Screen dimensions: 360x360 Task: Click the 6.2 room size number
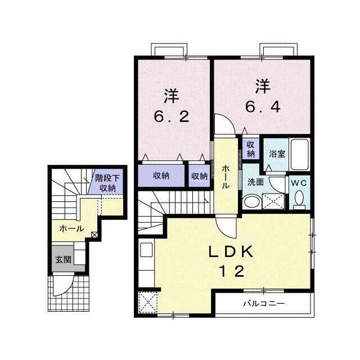point(172,116)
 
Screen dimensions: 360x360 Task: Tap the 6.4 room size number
point(263,107)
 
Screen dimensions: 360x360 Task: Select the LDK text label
point(231,252)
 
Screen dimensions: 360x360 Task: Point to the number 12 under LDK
point(232,271)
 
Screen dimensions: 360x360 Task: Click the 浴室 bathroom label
point(277,154)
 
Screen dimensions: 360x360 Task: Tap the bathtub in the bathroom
point(300,154)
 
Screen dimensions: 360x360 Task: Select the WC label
point(299,183)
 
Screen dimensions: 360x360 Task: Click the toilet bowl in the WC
point(299,198)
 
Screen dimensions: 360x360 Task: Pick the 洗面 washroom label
point(255,182)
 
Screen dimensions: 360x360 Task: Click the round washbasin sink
point(252,202)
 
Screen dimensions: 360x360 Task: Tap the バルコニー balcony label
point(264,304)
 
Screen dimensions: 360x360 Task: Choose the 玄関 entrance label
point(64,259)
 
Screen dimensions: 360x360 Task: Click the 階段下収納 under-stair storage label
point(107,183)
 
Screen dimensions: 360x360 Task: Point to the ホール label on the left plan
point(71,228)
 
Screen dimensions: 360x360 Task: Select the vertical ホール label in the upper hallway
point(225,177)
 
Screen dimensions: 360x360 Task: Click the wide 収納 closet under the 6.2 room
point(161,175)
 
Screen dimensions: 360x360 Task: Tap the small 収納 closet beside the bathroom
point(251,149)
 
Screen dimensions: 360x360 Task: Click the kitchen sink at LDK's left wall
point(146,250)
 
